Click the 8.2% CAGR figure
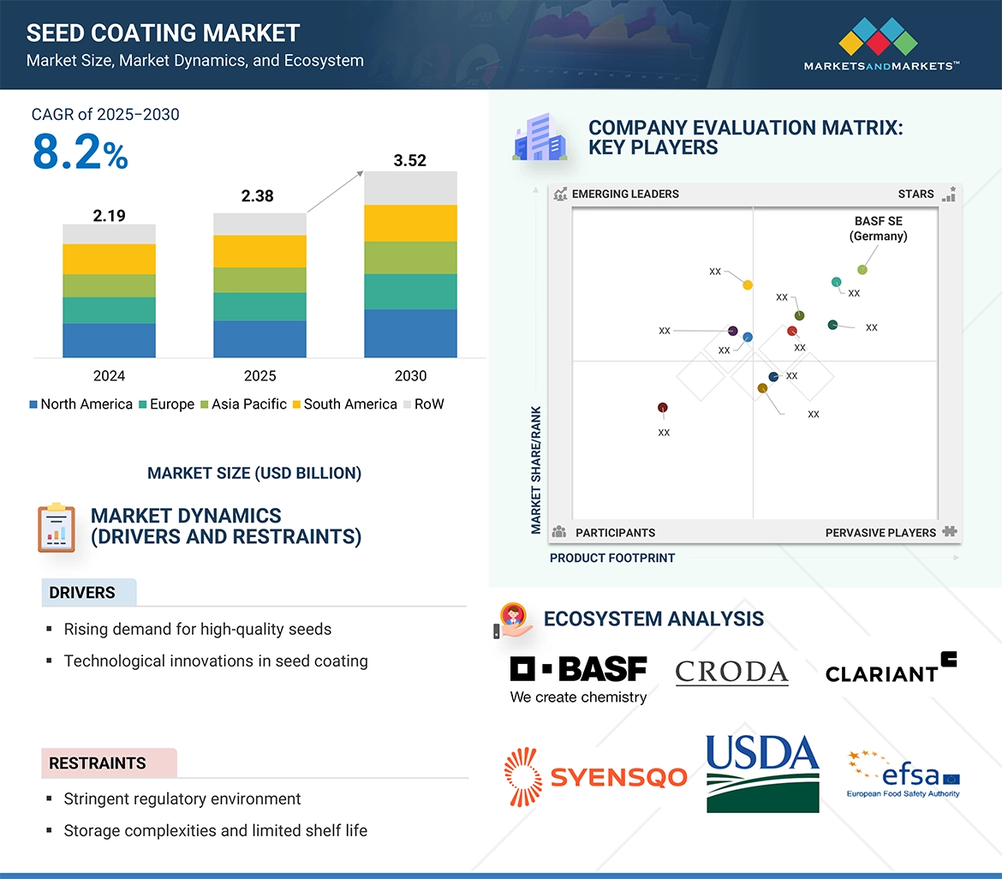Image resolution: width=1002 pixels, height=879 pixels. point(80,152)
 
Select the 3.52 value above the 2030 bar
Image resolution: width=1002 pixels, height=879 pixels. point(409,160)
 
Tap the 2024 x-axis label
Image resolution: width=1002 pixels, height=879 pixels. point(109,376)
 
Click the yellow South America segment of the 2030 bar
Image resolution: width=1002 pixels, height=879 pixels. point(410,223)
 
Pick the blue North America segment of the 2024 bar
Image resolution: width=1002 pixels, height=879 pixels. point(109,340)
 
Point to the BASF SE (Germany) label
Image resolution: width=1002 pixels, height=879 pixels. point(878,229)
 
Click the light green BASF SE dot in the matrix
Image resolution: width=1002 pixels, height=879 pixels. point(862,270)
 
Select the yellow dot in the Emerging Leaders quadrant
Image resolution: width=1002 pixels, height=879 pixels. point(748,284)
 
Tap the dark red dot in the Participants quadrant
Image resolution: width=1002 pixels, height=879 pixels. point(662,408)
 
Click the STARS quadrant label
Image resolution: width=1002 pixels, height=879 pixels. point(916,194)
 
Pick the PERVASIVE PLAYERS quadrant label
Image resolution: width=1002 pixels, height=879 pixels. point(880,533)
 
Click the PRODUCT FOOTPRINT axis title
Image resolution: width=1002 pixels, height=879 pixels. point(612,558)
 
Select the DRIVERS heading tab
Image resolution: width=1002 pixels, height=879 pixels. point(82,593)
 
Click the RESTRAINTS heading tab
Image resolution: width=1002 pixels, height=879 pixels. point(98,762)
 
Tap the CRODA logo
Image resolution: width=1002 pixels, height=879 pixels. point(731,673)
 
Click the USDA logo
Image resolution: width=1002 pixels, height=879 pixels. point(762,773)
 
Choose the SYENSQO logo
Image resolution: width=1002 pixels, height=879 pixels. point(596,777)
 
